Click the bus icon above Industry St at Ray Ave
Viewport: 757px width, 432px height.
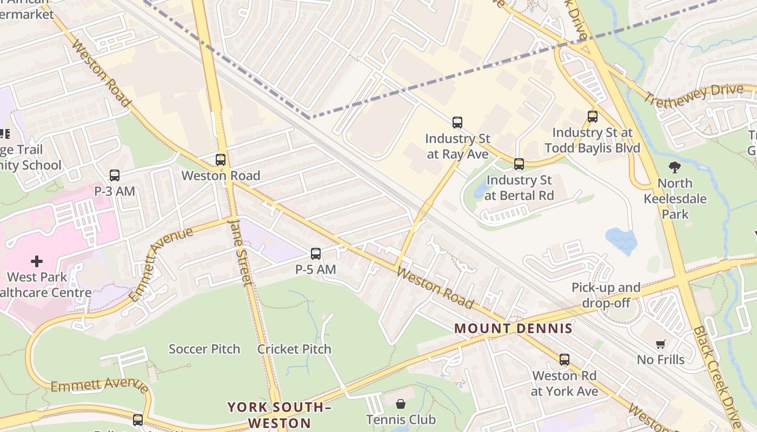pyautogui.click(x=457, y=123)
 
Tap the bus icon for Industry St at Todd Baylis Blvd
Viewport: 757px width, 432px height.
pyautogui.click(x=593, y=116)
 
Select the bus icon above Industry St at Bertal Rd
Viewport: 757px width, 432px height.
pyautogui.click(x=519, y=164)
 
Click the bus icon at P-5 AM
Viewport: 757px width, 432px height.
pyautogui.click(x=316, y=253)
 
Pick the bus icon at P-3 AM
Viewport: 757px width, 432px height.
pyautogui.click(x=115, y=175)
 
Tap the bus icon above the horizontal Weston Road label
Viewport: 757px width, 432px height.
pyautogui.click(x=221, y=159)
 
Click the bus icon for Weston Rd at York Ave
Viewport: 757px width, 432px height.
pyautogui.click(x=565, y=359)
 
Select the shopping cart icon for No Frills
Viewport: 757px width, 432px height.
pyautogui.click(x=660, y=344)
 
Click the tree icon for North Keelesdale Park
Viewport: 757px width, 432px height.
pyautogui.click(x=675, y=167)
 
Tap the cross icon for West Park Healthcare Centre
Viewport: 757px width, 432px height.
pyautogui.click(x=37, y=262)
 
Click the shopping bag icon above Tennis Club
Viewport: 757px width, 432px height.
pyautogui.click(x=401, y=404)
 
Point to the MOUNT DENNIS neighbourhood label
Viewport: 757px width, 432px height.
pyautogui.click(x=513, y=328)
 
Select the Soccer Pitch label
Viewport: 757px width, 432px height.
pyautogui.click(x=204, y=349)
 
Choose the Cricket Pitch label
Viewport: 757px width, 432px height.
pyautogui.click(x=294, y=349)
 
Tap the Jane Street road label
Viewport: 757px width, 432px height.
pyautogui.click(x=241, y=252)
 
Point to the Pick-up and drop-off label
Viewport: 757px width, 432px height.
pyautogui.click(x=606, y=295)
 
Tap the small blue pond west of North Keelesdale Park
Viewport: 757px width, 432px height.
pyautogui.click(x=621, y=241)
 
